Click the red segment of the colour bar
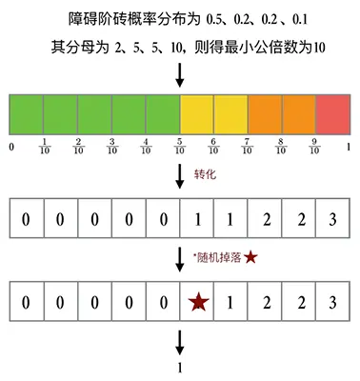[x=332, y=114]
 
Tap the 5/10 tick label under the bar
[x=180, y=148]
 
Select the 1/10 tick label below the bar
[x=44, y=148]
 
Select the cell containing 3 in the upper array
[x=332, y=219]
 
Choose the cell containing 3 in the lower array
[x=332, y=303]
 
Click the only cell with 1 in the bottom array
[x=230, y=303]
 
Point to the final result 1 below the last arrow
[x=180, y=368]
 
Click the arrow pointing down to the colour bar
[x=180, y=77]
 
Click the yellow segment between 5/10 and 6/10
[x=197, y=114]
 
